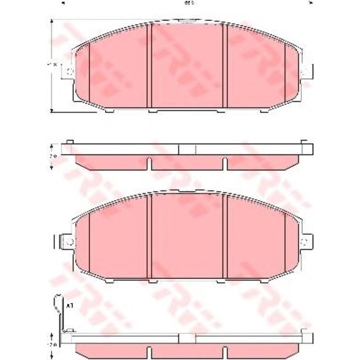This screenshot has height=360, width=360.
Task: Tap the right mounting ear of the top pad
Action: (x=305, y=72)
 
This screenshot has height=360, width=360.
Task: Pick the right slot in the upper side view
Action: (x=225, y=164)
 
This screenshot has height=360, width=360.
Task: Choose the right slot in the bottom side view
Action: (x=225, y=355)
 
